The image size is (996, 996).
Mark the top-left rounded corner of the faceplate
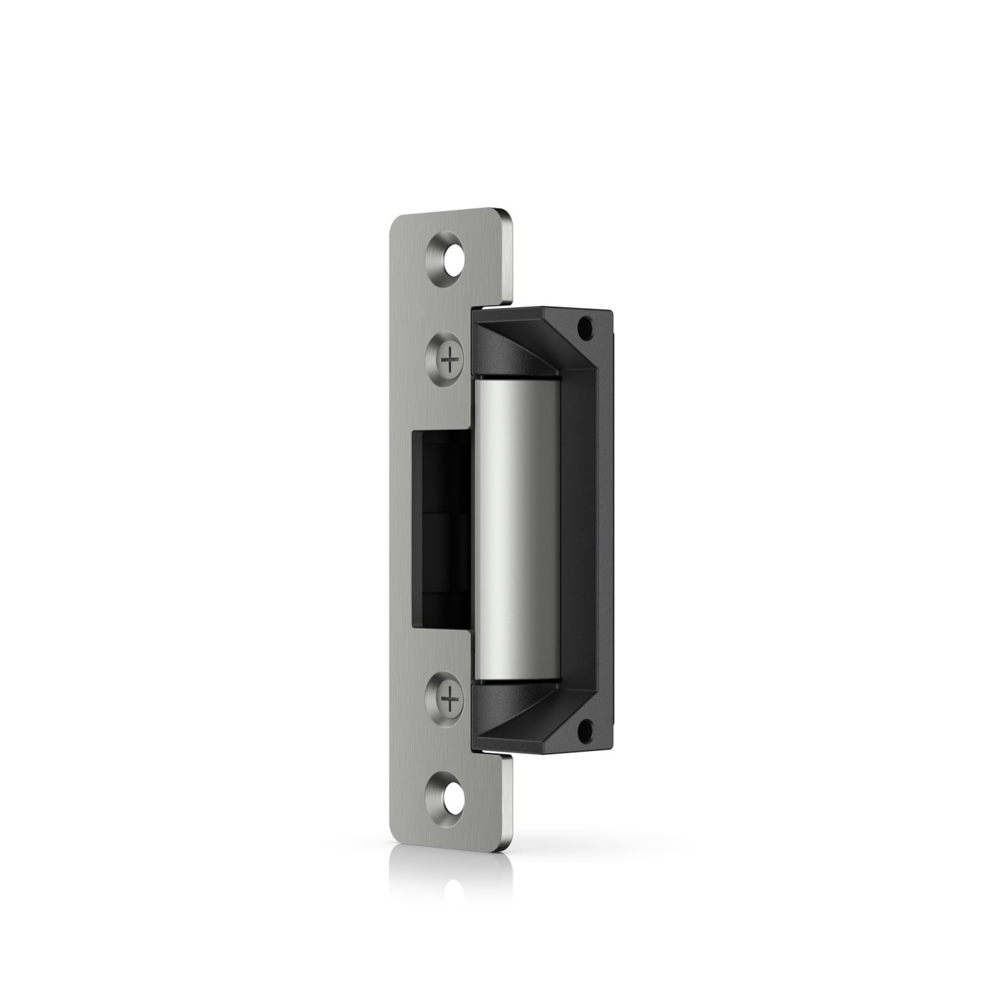click(x=393, y=218)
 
